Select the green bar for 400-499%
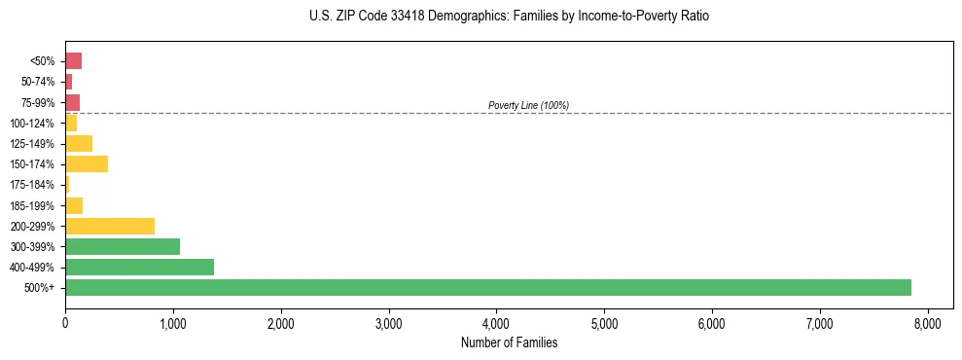tap(139, 267)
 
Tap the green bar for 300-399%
tap(123, 246)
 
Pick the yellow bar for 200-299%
tap(110, 226)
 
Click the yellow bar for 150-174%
tap(87, 163)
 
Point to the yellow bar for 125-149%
tap(79, 143)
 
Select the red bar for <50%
tap(73, 60)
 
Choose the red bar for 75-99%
tap(72, 102)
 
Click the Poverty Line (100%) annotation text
tap(528, 105)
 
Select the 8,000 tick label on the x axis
tap(927, 322)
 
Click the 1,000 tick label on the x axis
tap(173, 322)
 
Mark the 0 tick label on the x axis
tap(65, 322)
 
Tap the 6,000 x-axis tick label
tap(712, 322)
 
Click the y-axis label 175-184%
tap(32, 185)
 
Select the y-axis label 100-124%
tap(32, 123)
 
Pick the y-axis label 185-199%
tap(32, 205)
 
